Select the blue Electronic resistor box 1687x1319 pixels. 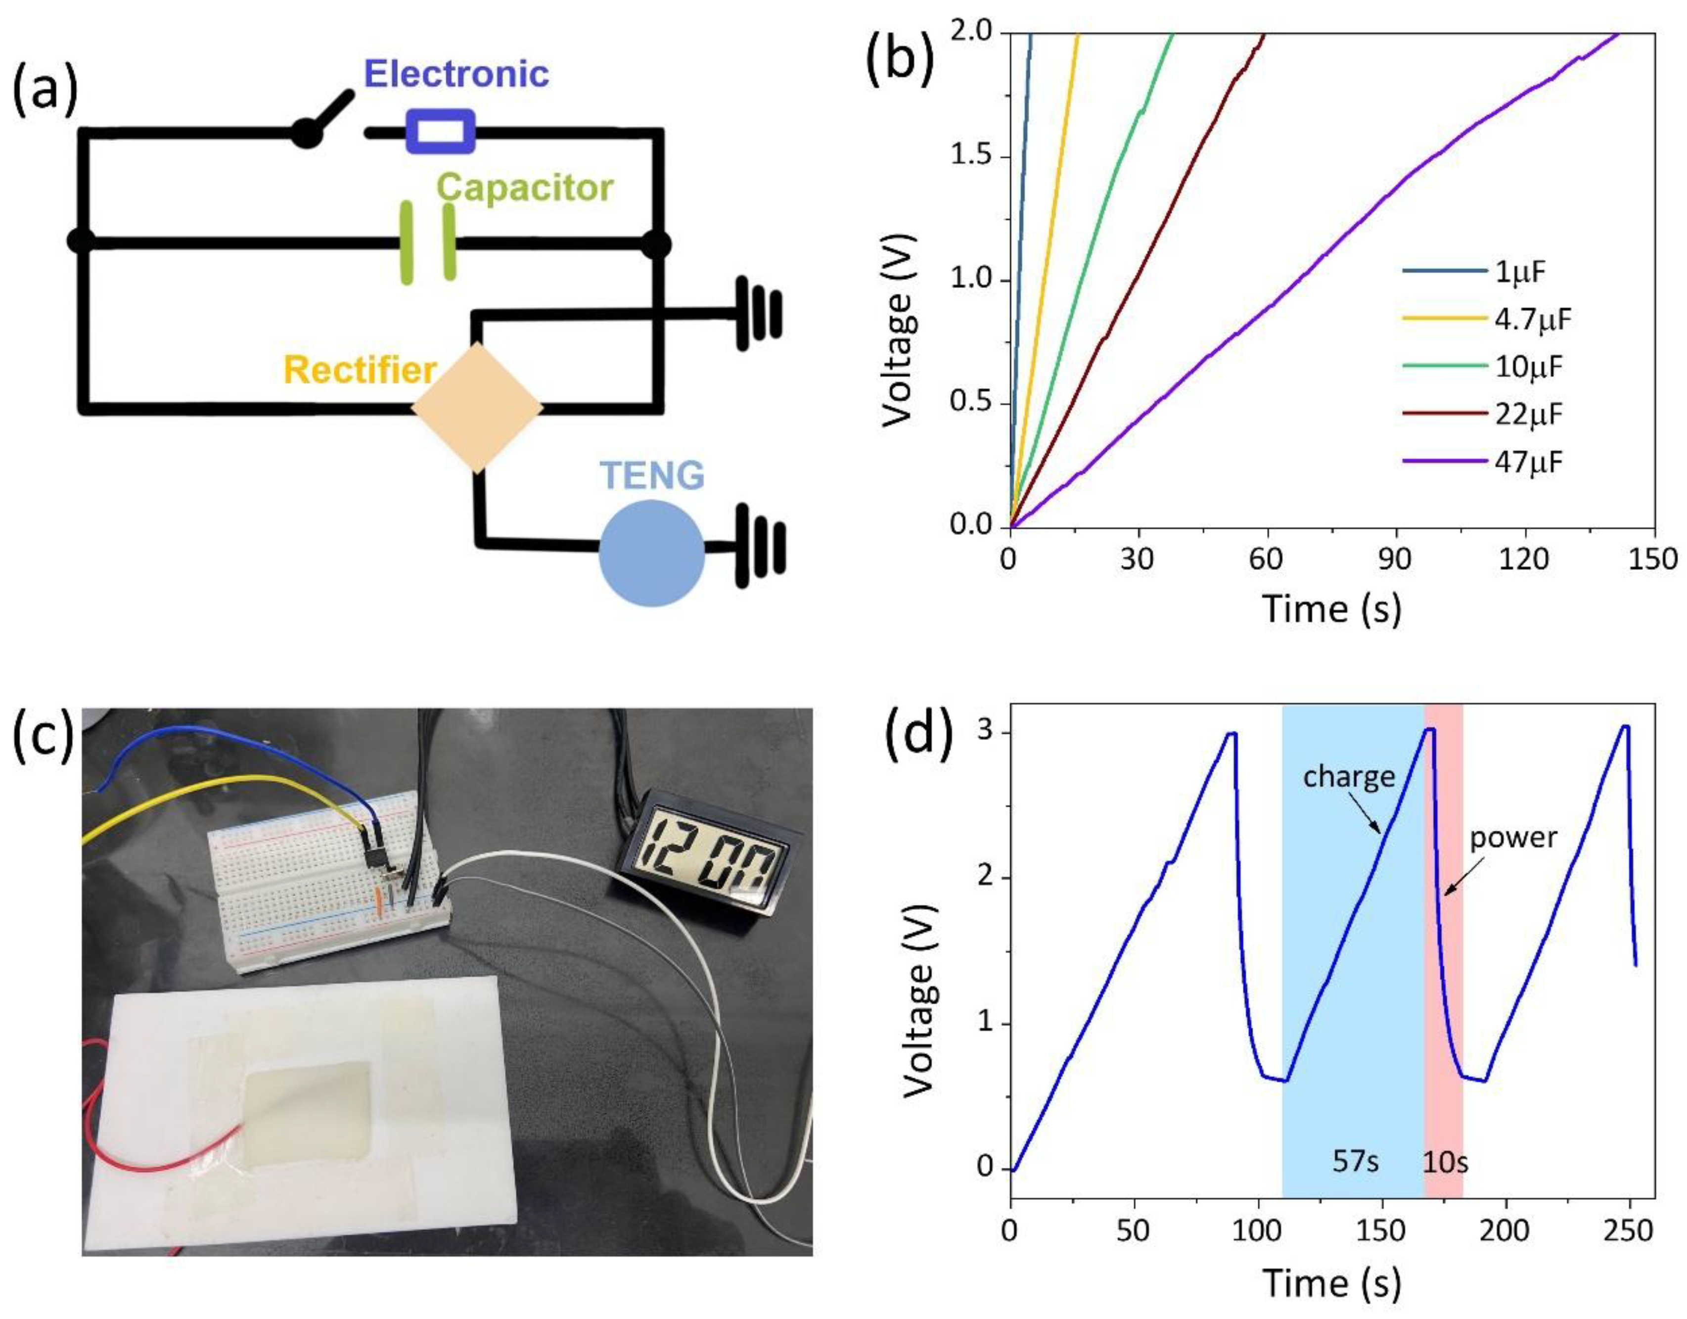point(440,132)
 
